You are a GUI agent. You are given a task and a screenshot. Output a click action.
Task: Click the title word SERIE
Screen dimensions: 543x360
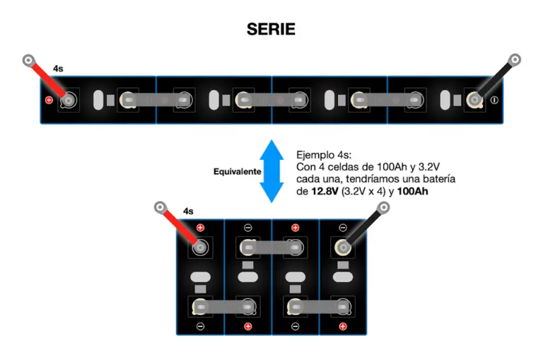pyautogui.click(x=271, y=29)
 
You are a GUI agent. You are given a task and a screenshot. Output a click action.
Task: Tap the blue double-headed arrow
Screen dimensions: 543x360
pyautogui.click(x=271, y=171)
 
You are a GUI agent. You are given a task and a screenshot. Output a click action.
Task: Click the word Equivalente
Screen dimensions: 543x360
pyautogui.click(x=238, y=171)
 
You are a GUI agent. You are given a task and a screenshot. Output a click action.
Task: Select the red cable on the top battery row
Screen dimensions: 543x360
pyautogui.click(x=48, y=80)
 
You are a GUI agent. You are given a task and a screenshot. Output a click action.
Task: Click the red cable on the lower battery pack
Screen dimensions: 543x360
pyautogui.click(x=180, y=227)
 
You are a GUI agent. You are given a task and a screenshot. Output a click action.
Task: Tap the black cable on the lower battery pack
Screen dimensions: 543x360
pyautogui.click(x=363, y=227)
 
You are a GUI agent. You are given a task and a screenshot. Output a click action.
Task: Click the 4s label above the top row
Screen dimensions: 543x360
pyautogui.click(x=58, y=69)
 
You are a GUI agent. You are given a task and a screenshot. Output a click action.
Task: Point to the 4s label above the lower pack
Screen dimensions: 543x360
pyautogui.click(x=188, y=211)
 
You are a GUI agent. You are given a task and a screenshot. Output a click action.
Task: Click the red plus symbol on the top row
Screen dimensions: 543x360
pyautogui.click(x=49, y=100)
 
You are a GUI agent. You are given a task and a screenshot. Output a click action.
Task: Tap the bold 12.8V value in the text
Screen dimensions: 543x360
pyautogui.click(x=325, y=191)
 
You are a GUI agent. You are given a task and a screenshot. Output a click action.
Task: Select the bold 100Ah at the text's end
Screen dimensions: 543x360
pyautogui.click(x=412, y=191)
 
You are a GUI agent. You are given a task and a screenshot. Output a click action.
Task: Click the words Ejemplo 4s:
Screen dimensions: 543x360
pyautogui.click(x=324, y=155)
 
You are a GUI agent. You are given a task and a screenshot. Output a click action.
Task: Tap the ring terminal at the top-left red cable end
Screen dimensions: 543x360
pyautogui.click(x=29, y=60)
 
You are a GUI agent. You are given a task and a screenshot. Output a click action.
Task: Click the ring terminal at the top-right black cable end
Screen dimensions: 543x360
pyautogui.click(x=515, y=59)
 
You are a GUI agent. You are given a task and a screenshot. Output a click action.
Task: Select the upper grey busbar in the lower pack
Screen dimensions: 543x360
pyautogui.click(x=271, y=248)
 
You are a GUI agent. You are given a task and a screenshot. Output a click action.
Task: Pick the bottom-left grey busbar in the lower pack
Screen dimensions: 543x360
pyautogui.click(x=224, y=307)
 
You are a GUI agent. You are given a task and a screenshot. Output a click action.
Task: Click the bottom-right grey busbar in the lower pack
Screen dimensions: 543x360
pyautogui.click(x=319, y=307)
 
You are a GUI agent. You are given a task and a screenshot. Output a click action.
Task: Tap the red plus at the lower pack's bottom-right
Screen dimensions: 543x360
pyautogui.click(x=343, y=326)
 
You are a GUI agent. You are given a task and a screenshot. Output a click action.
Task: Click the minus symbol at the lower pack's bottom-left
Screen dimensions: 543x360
pyautogui.click(x=200, y=326)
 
